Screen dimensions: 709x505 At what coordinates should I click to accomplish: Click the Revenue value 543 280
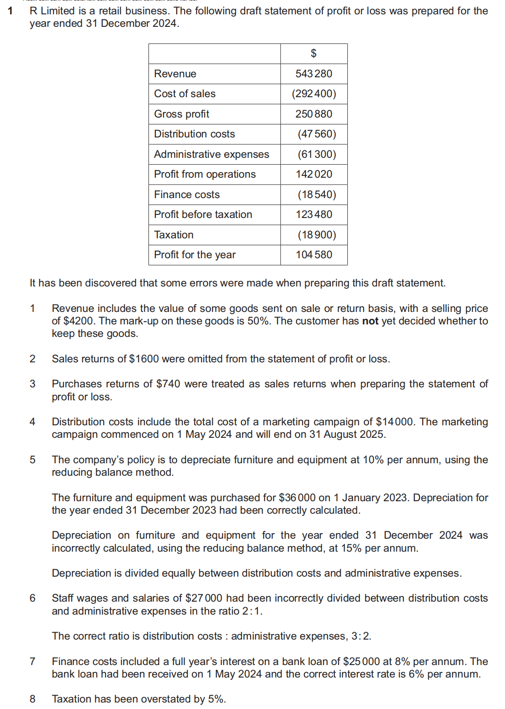pos(314,74)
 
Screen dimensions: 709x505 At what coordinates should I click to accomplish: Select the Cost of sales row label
pos(185,93)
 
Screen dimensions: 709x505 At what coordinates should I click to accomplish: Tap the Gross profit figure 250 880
pos(314,114)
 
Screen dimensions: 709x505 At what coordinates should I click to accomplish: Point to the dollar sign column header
pos(314,54)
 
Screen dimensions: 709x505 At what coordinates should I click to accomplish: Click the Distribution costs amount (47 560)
pos(316,134)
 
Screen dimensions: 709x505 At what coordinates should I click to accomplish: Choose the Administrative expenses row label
pos(211,154)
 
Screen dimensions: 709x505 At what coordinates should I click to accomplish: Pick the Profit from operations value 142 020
pos(314,174)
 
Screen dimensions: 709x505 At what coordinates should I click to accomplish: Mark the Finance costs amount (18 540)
pos(316,194)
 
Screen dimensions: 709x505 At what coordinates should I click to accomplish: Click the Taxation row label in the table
pos(173,235)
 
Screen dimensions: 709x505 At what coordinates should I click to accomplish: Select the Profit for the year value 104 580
pos(314,255)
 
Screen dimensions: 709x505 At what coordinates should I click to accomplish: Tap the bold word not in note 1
pos(370,321)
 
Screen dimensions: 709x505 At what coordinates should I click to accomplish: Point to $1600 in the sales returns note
pos(144,359)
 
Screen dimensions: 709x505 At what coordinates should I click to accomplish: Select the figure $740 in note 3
pos(168,384)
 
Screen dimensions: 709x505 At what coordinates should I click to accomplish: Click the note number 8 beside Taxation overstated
pos(32,699)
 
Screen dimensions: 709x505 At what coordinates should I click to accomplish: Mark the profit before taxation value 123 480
pos(314,214)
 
